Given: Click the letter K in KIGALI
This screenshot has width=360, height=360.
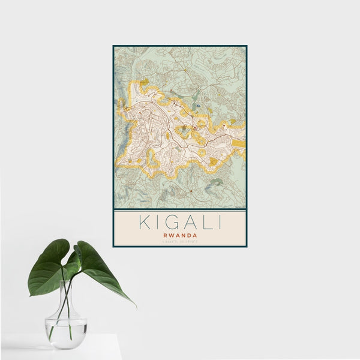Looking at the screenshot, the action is [145, 222].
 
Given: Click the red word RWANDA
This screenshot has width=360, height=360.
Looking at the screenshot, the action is [179, 235].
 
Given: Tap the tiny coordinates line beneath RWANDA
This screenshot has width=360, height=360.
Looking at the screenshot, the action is [179, 241].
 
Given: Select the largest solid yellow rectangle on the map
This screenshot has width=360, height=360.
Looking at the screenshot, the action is [239, 143].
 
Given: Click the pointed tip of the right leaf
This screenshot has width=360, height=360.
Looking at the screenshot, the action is [136, 306].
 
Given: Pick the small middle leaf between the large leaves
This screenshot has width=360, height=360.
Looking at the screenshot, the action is [77, 255].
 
